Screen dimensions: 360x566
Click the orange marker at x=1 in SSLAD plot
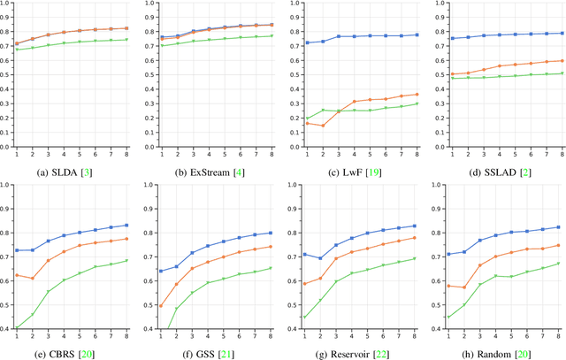451,74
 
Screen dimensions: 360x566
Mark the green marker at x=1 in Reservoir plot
305,317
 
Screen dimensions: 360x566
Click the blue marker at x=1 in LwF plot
307,42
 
